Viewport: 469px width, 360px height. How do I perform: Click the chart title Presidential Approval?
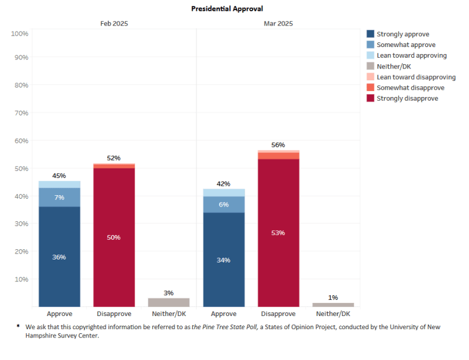227,9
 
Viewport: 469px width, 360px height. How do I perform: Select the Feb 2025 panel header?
114,24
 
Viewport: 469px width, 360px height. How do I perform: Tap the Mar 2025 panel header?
278,24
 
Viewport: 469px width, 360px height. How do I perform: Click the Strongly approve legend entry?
402,35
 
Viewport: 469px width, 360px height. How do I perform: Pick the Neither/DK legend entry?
393,67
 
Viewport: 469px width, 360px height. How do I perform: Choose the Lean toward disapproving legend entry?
415,77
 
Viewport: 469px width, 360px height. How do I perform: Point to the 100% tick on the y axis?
20,33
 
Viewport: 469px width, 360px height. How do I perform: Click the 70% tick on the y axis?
21,112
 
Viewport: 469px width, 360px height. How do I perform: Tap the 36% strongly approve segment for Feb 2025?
60,256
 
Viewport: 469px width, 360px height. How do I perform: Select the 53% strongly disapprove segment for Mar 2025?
278,233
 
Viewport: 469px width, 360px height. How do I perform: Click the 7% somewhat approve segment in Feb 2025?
60,197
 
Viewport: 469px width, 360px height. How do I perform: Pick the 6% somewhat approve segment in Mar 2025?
224,204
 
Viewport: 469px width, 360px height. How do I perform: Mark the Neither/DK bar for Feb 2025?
168,302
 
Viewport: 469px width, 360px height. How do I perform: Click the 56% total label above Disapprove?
278,145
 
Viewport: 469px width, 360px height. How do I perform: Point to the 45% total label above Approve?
60,176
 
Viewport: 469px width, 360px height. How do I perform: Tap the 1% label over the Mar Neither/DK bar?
333,298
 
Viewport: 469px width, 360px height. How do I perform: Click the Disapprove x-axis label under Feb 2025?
114,314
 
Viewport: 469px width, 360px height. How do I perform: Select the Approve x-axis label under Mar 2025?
224,314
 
